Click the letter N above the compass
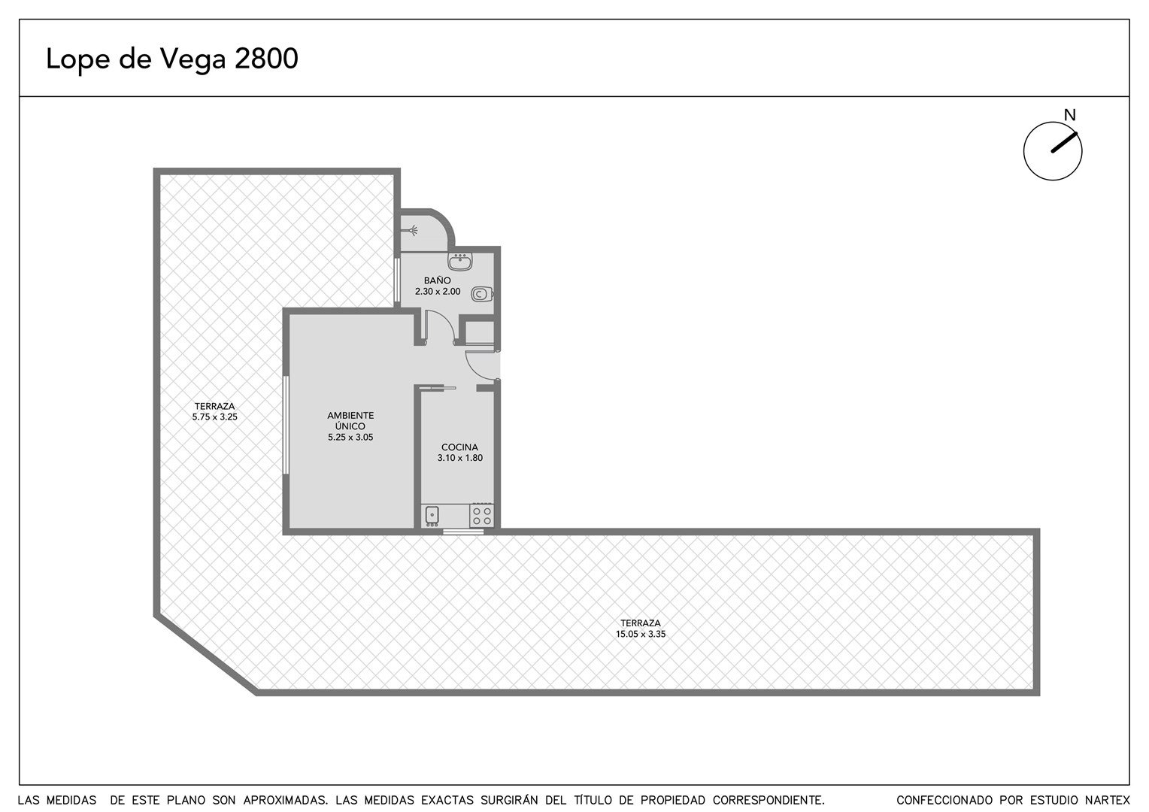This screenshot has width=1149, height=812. coord(1069,116)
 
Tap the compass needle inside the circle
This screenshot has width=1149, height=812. coord(1064,143)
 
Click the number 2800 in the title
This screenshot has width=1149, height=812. coord(266,59)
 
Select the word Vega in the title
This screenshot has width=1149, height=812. coord(194,60)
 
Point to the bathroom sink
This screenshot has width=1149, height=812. coord(459,262)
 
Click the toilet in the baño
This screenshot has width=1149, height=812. coord(482,295)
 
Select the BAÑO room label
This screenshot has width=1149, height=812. coord(437,280)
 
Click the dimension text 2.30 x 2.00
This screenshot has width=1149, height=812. coord(438,292)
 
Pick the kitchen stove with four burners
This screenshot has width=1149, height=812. coord(482,516)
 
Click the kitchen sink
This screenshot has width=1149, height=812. coord(432,516)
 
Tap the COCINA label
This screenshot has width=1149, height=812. coord(459,447)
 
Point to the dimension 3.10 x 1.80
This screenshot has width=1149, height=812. coord(460,458)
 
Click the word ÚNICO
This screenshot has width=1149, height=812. coord(350,426)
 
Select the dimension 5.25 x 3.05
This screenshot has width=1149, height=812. coord(350,438)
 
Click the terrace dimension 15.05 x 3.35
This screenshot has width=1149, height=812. coord(641,634)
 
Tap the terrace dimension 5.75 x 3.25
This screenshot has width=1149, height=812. coord(215,417)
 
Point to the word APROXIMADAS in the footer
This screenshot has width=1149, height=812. coord(285,800)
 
